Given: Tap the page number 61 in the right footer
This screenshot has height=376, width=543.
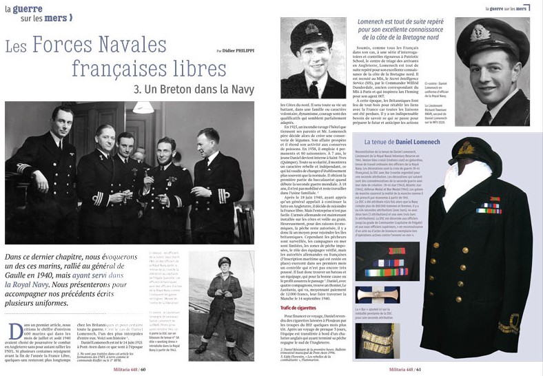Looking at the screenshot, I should (x=416, y=369).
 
